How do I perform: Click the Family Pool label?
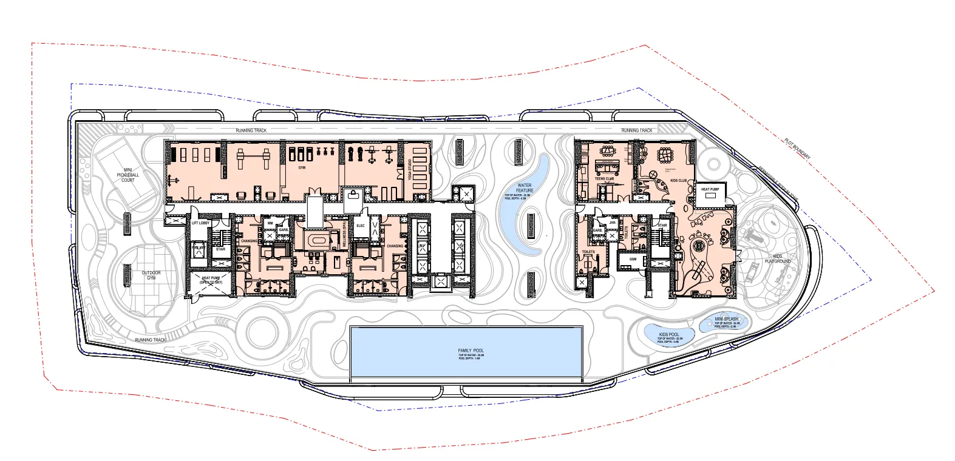click(471, 351)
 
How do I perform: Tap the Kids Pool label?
click(668, 335)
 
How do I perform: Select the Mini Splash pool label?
click(726, 319)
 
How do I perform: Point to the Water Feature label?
click(524, 188)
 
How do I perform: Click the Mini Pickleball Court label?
click(128, 175)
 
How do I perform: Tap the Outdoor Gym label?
click(151, 275)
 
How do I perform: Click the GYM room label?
click(302, 167)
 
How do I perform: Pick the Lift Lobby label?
click(200, 223)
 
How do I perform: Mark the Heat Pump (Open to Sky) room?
click(210, 280)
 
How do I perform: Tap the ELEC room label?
click(360, 226)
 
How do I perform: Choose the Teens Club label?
click(604, 179)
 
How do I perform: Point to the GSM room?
click(633, 259)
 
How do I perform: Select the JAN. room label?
click(613, 223)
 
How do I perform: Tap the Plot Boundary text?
click(797, 149)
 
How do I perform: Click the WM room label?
click(270, 223)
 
